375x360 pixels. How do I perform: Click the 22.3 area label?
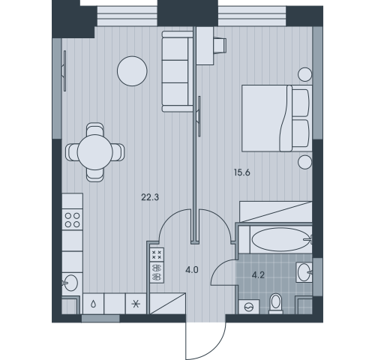(150, 197)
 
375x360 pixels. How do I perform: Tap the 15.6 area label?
(242, 172)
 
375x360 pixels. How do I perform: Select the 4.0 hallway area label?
(192, 270)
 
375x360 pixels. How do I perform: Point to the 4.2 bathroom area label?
(258, 275)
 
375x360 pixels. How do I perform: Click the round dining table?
(95, 152)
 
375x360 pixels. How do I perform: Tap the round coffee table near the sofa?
(132, 71)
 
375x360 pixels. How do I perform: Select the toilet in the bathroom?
(275, 303)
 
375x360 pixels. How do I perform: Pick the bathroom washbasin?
(304, 272)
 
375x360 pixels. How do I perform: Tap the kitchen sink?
(70, 283)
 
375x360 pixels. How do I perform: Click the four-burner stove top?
(72, 220)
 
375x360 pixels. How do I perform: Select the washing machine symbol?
(249, 307)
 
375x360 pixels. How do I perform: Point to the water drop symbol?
(93, 304)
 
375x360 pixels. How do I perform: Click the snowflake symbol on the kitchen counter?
(136, 304)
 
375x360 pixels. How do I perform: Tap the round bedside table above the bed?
(305, 74)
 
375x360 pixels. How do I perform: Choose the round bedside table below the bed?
(305, 162)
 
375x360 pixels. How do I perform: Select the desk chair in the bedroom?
(220, 46)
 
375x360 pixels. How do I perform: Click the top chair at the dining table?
(94, 129)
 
